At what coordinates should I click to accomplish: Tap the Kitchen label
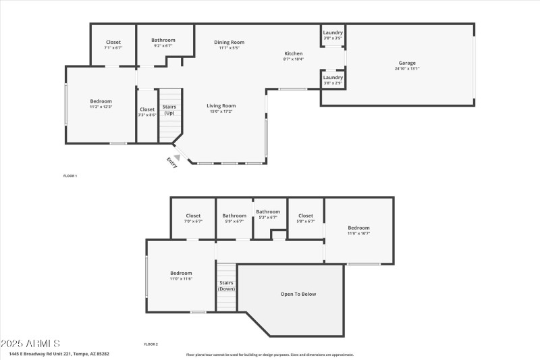click(x=293, y=53)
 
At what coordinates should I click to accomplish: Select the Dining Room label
click(x=229, y=42)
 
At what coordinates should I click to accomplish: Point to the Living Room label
click(x=221, y=105)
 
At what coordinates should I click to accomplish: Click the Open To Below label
click(x=298, y=294)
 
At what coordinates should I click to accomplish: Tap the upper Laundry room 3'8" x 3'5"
click(x=333, y=36)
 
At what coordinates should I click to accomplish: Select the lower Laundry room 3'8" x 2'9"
click(x=333, y=80)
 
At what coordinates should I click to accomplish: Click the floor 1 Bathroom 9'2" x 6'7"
click(x=163, y=43)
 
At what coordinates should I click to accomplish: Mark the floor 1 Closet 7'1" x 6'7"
click(x=113, y=45)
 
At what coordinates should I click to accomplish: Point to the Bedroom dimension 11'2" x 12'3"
click(x=101, y=107)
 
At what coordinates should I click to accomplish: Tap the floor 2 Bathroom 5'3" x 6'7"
click(x=268, y=217)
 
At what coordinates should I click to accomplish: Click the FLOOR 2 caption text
click(x=151, y=344)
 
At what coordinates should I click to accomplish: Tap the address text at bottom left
click(x=59, y=353)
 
